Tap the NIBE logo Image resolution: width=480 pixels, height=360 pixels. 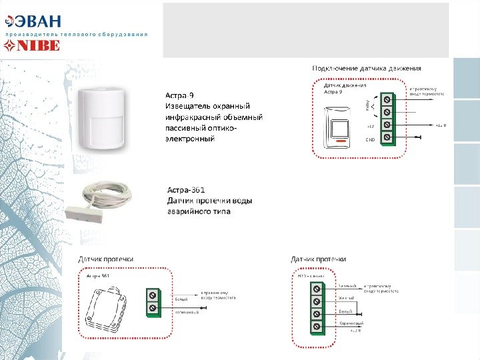pyautogui.click(x=33, y=46)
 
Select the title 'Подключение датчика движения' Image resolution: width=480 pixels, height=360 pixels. pyautogui.click(x=367, y=68)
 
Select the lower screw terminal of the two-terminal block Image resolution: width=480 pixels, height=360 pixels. pyautogui.click(x=153, y=308)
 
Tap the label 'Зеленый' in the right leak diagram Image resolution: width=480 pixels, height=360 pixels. pyautogui.click(x=347, y=285)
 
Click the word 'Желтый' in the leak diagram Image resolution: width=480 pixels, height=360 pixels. pyautogui.click(x=345, y=298)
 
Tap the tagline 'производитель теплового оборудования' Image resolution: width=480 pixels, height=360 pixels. pyautogui.click(x=77, y=33)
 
